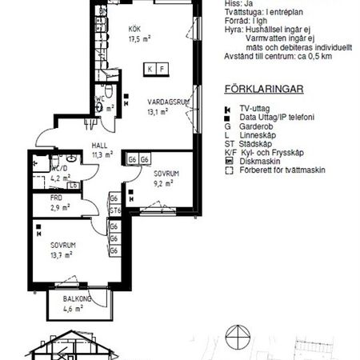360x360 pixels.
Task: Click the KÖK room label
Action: [x=134, y=30]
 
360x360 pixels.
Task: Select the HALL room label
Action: [x=99, y=146]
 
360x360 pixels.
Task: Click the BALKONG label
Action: [x=78, y=299]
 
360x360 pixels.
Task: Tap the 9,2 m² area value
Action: [x=164, y=182]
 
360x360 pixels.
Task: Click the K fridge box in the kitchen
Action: [x=150, y=69]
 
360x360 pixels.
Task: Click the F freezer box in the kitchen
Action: [x=162, y=69]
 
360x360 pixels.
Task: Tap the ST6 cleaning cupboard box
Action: [x=114, y=211]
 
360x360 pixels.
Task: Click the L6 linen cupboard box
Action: [x=74, y=186]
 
